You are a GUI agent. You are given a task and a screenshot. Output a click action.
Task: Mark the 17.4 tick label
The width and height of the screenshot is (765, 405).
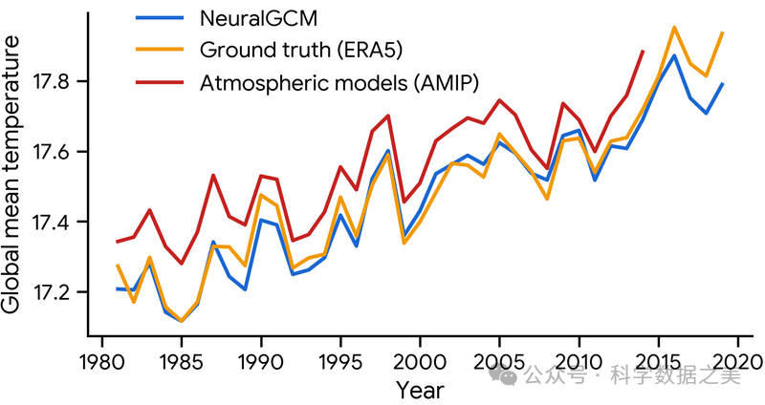[x=55, y=222]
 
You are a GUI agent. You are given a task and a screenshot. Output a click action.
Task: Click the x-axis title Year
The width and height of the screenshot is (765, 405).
[x=421, y=390]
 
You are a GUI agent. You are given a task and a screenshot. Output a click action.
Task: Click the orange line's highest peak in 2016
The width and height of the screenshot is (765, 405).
[x=675, y=27]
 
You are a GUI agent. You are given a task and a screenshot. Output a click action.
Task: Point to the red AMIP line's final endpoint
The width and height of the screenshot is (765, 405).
[x=643, y=51]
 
